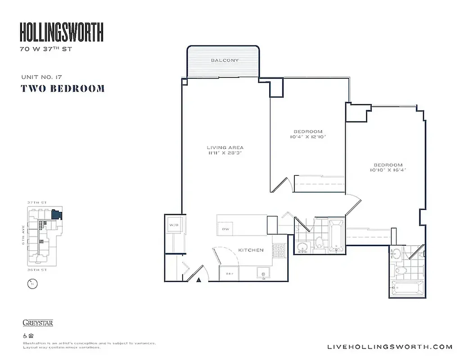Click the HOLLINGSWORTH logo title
point(62,32)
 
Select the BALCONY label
point(225,60)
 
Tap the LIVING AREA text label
point(225,148)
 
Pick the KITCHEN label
point(251,250)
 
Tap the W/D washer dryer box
point(174,225)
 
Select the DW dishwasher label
point(225,229)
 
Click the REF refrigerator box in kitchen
point(229,273)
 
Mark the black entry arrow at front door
point(198,280)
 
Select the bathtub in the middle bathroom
point(336,235)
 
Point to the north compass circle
point(31,284)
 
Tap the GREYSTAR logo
point(38,323)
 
